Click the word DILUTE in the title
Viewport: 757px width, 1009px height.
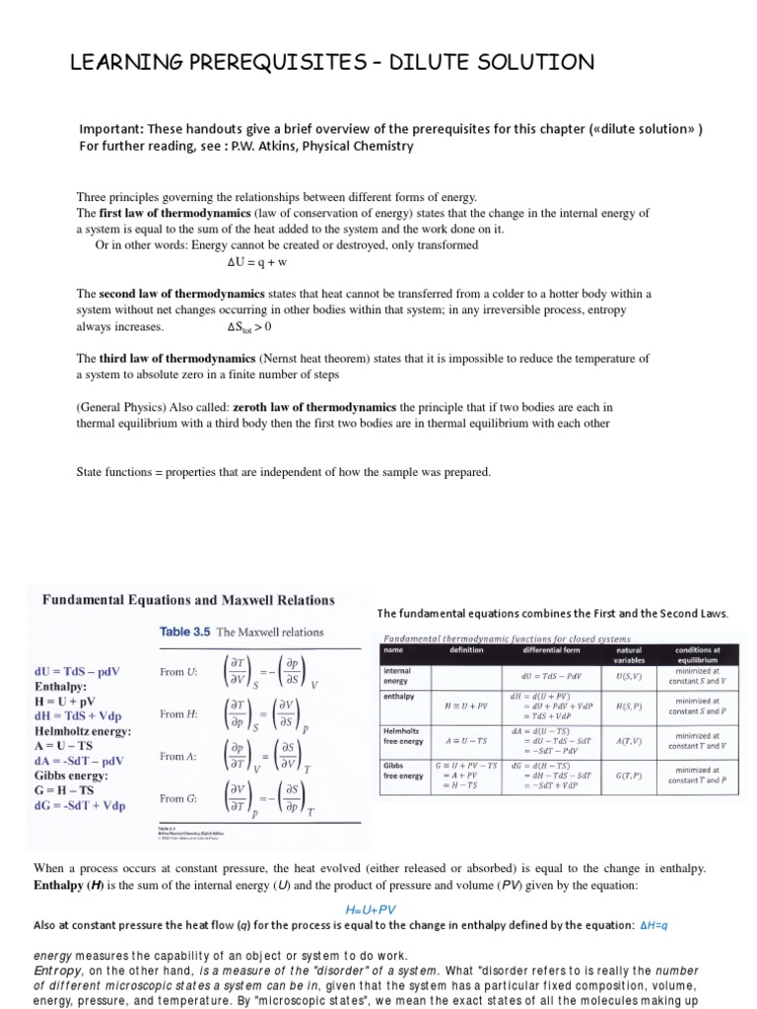pyautogui.click(x=427, y=64)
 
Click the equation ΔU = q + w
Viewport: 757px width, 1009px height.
pyautogui.click(x=255, y=262)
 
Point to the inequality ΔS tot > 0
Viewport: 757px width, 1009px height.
pyautogui.click(x=247, y=327)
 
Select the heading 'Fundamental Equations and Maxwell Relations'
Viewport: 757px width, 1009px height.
pyautogui.click(x=187, y=599)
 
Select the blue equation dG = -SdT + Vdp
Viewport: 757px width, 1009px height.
pyautogui.click(x=81, y=805)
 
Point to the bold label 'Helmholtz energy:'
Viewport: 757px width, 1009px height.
pyautogui.click(x=83, y=732)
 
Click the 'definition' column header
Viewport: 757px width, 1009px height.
pyautogui.click(x=465, y=649)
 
